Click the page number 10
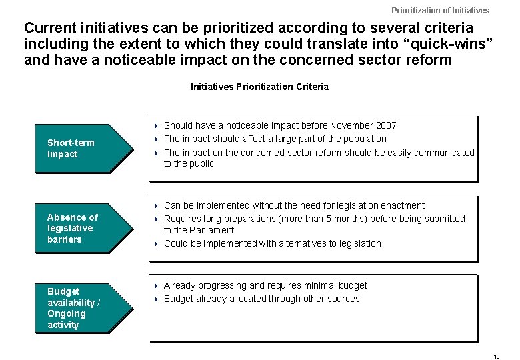point(497,357)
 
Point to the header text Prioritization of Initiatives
point(440,10)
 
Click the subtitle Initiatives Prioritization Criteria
point(259,87)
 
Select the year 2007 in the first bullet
point(386,125)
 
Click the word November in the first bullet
point(351,125)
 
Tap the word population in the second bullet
point(364,139)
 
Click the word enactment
point(403,205)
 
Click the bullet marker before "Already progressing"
point(155,285)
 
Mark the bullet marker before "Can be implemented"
point(155,205)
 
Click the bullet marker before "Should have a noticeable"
point(155,125)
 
